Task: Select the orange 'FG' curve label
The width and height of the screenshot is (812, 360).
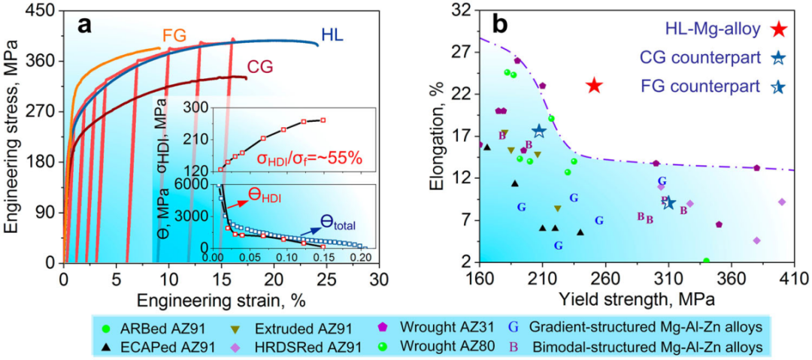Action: tap(174, 35)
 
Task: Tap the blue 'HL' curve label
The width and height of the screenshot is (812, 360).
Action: tap(333, 35)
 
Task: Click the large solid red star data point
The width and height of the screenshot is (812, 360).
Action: tap(594, 85)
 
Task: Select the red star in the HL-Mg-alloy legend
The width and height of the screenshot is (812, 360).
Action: tap(778, 29)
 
